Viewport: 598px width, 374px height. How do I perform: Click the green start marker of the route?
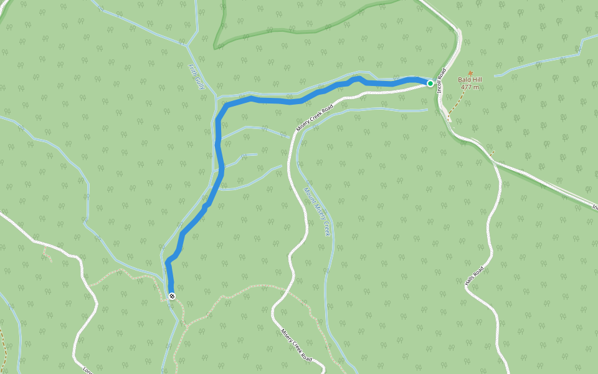tap(430, 83)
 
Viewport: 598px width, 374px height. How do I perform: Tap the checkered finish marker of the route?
tap(172, 296)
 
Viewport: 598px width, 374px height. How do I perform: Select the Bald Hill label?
tap(470, 80)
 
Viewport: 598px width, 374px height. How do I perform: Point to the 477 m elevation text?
tap(470, 87)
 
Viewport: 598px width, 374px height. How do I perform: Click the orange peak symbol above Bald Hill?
tap(470, 72)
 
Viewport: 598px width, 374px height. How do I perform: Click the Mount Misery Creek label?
tap(316, 212)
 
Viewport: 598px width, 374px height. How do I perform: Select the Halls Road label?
tap(474, 276)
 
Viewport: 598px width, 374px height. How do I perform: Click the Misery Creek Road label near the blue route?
tap(315, 117)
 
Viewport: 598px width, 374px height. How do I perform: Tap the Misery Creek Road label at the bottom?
tap(296, 345)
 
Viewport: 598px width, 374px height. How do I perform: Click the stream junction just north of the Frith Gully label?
tap(188, 45)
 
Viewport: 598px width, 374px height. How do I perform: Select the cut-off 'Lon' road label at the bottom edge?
tap(87, 370)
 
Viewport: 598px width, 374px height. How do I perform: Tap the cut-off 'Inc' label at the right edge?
tap(594, 206)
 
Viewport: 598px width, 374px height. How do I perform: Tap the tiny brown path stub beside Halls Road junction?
tap(491, 152)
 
